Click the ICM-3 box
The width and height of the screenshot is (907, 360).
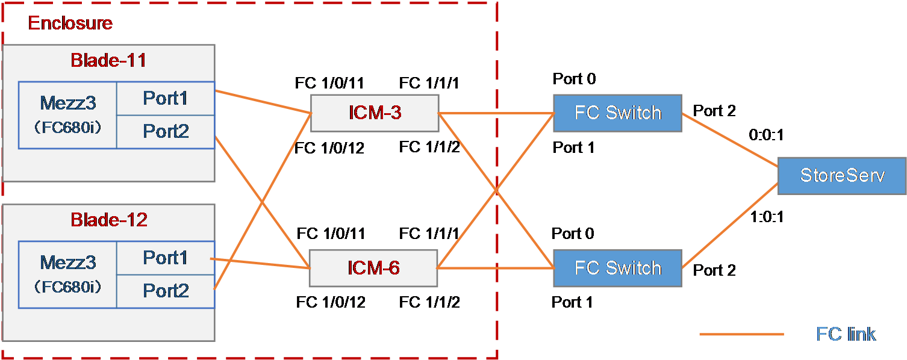point(375,113)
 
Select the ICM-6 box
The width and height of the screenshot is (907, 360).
point(373,268)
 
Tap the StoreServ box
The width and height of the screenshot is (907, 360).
point(842,176)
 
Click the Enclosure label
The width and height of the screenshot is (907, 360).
point(70,23)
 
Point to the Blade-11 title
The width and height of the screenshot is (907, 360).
point(108,60)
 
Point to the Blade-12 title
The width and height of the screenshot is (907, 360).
point(109,220)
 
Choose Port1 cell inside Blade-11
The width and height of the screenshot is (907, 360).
point(166,98)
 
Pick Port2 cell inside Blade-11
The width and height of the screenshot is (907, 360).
point(166,132)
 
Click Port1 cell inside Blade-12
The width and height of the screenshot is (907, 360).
point(166,258)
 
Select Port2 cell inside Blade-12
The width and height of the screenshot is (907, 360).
point(166,291)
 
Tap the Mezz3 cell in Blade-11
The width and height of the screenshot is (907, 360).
point(67,116)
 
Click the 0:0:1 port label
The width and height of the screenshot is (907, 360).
point(766,135)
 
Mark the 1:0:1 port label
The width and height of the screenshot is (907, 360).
point(767,217)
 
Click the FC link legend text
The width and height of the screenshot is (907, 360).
point(846,334)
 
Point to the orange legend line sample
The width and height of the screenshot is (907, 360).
point(742,334)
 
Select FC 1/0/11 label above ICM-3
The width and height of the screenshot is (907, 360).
point(329,83)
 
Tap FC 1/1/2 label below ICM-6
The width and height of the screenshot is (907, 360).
point(429,302)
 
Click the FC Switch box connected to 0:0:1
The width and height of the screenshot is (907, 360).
point(617,113)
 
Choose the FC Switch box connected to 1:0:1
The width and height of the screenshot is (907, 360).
point(617,268)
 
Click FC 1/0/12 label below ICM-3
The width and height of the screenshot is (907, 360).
point(329,148)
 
